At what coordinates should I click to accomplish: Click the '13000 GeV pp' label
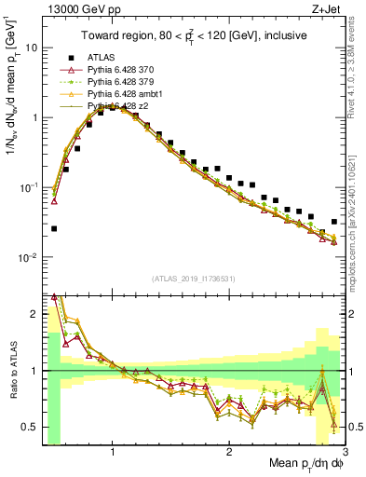pyautogui.click(x=79, y=10)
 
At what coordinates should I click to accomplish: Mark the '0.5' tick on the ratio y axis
pyautogui.click(x=31, y=428)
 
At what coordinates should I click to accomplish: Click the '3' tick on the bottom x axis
pyautogui.click(x=346, y=452)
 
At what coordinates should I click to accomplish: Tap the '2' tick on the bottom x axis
pyautogui.click(x=229, y=452)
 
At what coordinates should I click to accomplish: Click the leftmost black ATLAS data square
pyautogui.click(x=54, y=228)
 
